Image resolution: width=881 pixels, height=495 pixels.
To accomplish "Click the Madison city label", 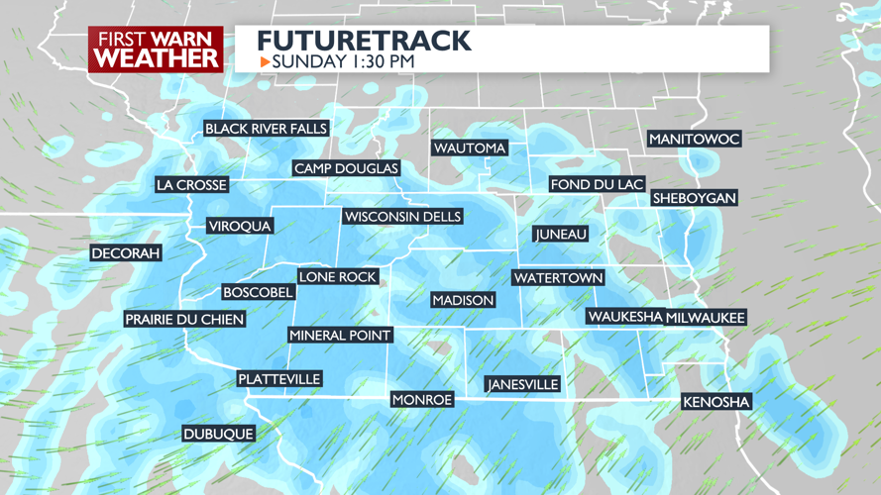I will click(463, 300).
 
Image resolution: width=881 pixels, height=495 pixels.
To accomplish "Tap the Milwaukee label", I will click(705, 318).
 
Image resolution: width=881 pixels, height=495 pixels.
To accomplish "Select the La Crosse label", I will click(191, 185).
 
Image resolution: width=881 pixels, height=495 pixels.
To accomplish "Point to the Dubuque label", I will click(218, 434).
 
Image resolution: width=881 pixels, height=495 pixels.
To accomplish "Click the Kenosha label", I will click(716, 402).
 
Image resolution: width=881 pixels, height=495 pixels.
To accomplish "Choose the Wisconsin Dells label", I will click(402, 217).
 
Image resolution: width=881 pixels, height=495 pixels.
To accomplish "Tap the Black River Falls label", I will click(266, 129).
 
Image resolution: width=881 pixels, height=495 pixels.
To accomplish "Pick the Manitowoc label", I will click(694, 140).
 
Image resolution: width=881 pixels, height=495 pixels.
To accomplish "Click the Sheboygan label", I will click(694, 198).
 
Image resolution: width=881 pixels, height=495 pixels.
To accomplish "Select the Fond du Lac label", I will click(597, 185).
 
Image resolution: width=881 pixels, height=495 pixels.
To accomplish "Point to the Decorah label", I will click(126, 253).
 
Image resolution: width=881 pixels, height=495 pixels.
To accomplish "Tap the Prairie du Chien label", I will click(184, 319).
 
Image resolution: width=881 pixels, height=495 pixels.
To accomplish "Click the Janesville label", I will click(522, 384).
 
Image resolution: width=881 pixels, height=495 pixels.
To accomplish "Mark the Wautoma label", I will click(470, 148).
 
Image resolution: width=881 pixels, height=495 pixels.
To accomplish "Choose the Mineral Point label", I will click(340, 336).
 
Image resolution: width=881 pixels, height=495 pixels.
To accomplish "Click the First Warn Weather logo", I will click(156, 49).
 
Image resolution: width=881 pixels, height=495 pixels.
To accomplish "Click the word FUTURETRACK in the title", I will click(364, 42).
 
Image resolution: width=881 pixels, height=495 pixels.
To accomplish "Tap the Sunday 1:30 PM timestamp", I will click(343, 62).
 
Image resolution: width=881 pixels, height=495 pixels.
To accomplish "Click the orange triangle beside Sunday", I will click(265, 62).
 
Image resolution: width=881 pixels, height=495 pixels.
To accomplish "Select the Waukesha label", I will click(624, 317).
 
